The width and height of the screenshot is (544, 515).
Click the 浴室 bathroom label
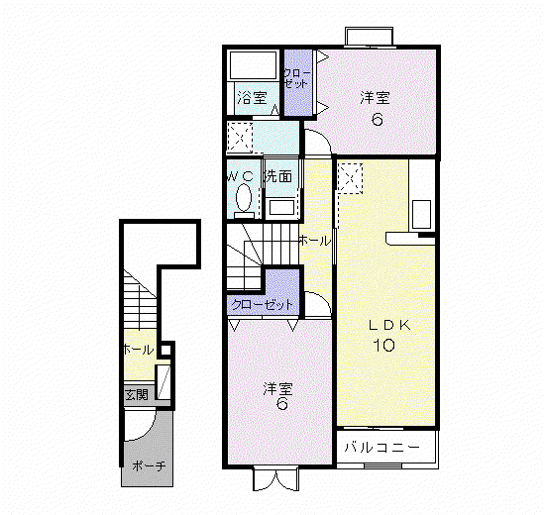253,98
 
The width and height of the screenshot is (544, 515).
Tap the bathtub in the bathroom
254,64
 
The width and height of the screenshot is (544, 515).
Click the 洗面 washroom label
278,176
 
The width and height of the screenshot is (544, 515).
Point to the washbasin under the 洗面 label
282,207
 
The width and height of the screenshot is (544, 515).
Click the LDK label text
389,325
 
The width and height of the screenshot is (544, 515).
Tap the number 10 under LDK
384,345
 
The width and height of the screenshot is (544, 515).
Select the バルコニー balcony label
381,447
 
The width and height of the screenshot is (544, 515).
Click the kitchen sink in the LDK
421,214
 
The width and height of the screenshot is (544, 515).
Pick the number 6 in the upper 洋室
378,120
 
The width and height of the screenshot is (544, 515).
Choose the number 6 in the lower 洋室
281,403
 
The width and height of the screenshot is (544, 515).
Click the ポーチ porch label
149,465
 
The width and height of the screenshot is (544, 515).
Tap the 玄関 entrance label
137,394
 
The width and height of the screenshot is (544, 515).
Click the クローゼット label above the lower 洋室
263,305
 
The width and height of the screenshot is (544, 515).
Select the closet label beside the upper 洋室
296,78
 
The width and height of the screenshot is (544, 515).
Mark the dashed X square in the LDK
350,178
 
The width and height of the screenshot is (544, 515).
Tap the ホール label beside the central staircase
315,241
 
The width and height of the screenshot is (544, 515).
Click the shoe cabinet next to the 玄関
163,382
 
